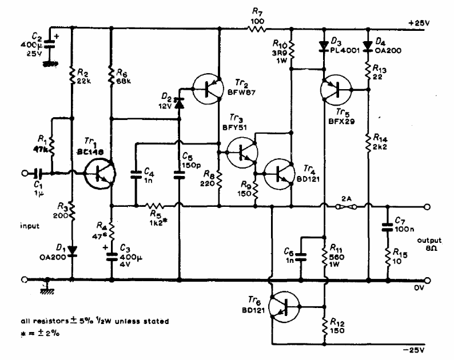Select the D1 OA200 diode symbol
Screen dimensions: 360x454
[x=72, y=250]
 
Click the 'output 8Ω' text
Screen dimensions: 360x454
[x=430, y=244]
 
